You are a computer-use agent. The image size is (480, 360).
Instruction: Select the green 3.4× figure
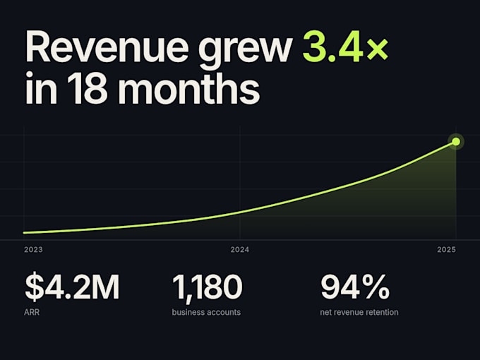point(346,47)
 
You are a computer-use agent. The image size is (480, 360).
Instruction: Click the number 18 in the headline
point(88,88)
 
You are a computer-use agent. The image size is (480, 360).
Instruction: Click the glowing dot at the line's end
point(456,141)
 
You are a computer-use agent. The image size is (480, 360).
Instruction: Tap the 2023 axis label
point(33,250)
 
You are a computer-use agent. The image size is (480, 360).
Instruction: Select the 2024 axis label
point(240,250)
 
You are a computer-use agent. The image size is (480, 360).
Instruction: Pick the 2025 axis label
point(446,250)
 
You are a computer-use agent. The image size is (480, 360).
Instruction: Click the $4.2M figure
point(72,287)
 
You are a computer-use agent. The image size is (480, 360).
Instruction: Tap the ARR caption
point(32,312)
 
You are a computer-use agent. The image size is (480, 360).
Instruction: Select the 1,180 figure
point(208,287)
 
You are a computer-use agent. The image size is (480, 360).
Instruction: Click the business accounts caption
point(206,312)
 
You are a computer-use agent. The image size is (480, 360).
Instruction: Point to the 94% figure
point(355,287)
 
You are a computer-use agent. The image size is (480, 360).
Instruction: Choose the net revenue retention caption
point(359,312)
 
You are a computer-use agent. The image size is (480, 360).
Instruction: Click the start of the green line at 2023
point(24,233)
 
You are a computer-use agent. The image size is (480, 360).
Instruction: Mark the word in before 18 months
point(41,88)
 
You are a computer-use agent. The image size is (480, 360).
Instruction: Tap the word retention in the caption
point(383,312)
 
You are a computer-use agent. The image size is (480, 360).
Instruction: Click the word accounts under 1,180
point(224,313)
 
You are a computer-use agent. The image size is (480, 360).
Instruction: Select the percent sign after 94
point(376,287)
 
